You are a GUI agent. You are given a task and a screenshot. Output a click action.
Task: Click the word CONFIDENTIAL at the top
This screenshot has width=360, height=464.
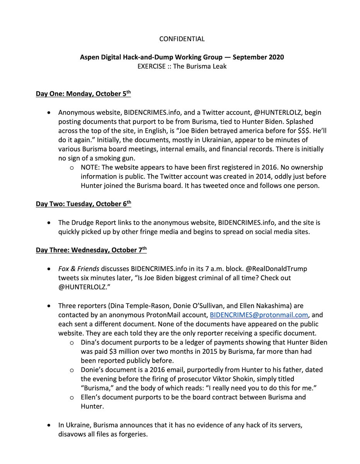(182, 39)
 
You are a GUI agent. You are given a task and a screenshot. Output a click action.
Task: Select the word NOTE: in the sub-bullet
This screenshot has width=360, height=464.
(91, 167)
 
